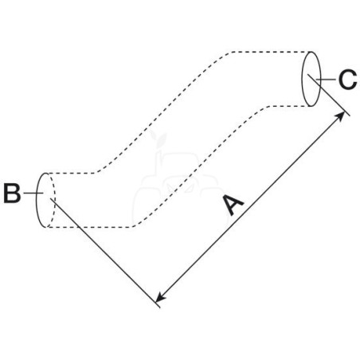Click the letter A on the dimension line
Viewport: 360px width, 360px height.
point(233,205)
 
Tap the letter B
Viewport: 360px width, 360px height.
point(12,194)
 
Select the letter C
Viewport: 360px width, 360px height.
point(348,79)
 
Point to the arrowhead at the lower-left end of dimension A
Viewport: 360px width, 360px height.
point(160,298)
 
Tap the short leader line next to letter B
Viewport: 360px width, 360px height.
point(33,193)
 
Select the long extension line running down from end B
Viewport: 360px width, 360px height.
point(105,253)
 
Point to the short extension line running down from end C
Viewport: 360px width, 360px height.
point(329,95)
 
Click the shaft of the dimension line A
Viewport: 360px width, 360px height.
point(250,207)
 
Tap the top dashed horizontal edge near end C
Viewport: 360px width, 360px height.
point(271,52)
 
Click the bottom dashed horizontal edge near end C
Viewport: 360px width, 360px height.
point(289,106)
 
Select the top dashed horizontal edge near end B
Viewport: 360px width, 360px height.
point(71,173)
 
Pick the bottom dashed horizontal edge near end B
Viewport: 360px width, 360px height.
point(90,227)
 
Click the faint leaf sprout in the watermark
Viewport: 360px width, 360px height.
point(159,140)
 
